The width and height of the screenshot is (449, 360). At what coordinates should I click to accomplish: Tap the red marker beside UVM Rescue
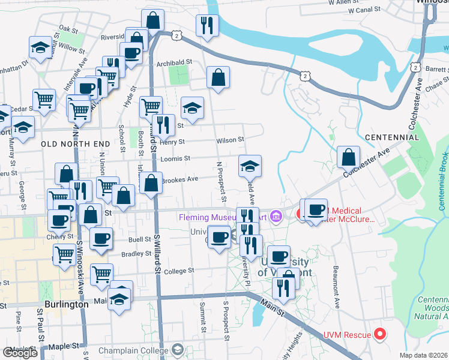(379, 334)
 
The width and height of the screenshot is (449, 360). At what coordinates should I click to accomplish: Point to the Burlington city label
(67, 304)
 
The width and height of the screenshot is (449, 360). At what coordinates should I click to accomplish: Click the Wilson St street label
(231, 140)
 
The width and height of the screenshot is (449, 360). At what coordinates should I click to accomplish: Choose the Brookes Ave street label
(183, 179)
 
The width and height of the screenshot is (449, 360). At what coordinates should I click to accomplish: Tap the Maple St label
(58, 346)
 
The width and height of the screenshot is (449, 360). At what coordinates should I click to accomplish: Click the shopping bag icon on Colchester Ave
(349, 157)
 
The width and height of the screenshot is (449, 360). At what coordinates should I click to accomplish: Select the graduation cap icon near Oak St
(40, 47)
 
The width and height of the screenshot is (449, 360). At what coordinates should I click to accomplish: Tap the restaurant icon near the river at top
(207, 25)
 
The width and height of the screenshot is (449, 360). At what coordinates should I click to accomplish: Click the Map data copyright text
(424, 355)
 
